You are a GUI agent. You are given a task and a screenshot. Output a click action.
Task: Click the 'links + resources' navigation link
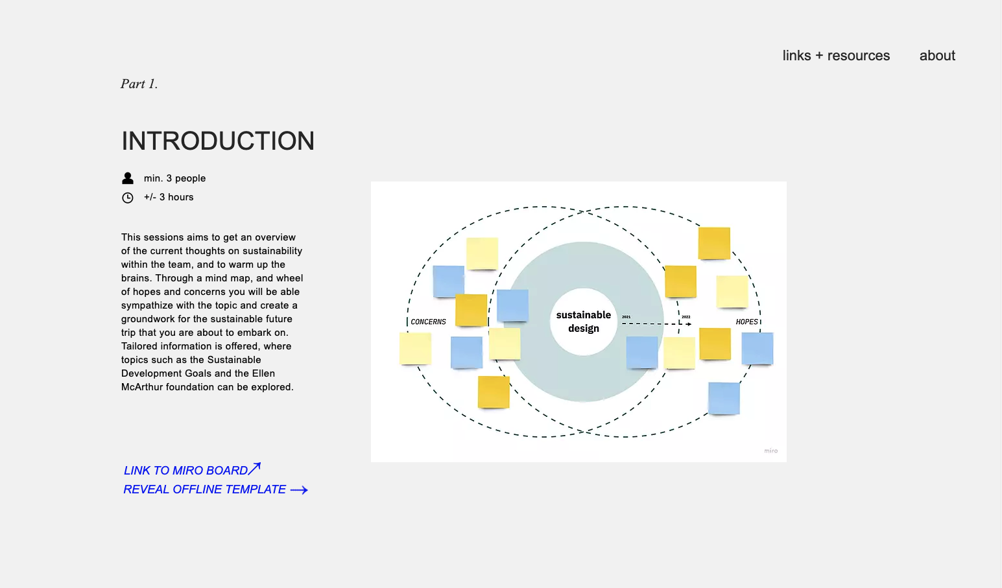[836, 56]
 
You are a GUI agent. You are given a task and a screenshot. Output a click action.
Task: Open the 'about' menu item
[937, 56]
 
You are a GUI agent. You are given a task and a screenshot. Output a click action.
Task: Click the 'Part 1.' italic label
[139, 84]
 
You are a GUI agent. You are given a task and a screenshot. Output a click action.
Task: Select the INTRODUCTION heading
[218, 141]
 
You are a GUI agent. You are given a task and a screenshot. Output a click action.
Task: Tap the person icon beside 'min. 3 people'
[128, 178]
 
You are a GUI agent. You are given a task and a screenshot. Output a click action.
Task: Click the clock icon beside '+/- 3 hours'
[128, 198]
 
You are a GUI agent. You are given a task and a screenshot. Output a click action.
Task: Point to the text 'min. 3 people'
[174, 178]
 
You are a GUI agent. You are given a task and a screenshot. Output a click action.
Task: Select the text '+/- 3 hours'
[169, 197]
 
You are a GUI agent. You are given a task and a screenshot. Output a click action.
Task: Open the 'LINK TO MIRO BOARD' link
[185, 471]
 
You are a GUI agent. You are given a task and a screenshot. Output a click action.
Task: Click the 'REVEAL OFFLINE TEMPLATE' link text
[204, 489]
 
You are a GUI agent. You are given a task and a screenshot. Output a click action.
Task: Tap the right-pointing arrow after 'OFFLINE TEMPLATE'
[299, 490]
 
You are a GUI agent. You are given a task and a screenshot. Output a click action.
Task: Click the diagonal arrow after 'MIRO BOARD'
[255, 467]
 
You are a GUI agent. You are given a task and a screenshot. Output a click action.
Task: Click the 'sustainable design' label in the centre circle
[584, 322]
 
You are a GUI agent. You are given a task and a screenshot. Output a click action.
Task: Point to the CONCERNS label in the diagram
[428, 322]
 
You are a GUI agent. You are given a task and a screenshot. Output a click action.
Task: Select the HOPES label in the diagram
[746, 322]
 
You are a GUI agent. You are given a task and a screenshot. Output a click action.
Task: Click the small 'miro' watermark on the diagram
[770, 451]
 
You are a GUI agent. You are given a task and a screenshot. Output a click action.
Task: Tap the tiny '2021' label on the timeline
[626, 317]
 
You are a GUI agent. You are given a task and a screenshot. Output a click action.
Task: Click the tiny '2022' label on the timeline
[686, 317]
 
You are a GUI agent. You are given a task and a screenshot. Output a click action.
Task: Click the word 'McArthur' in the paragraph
[142, 387]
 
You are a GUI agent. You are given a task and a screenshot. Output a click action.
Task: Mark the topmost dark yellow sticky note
[714, 243]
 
